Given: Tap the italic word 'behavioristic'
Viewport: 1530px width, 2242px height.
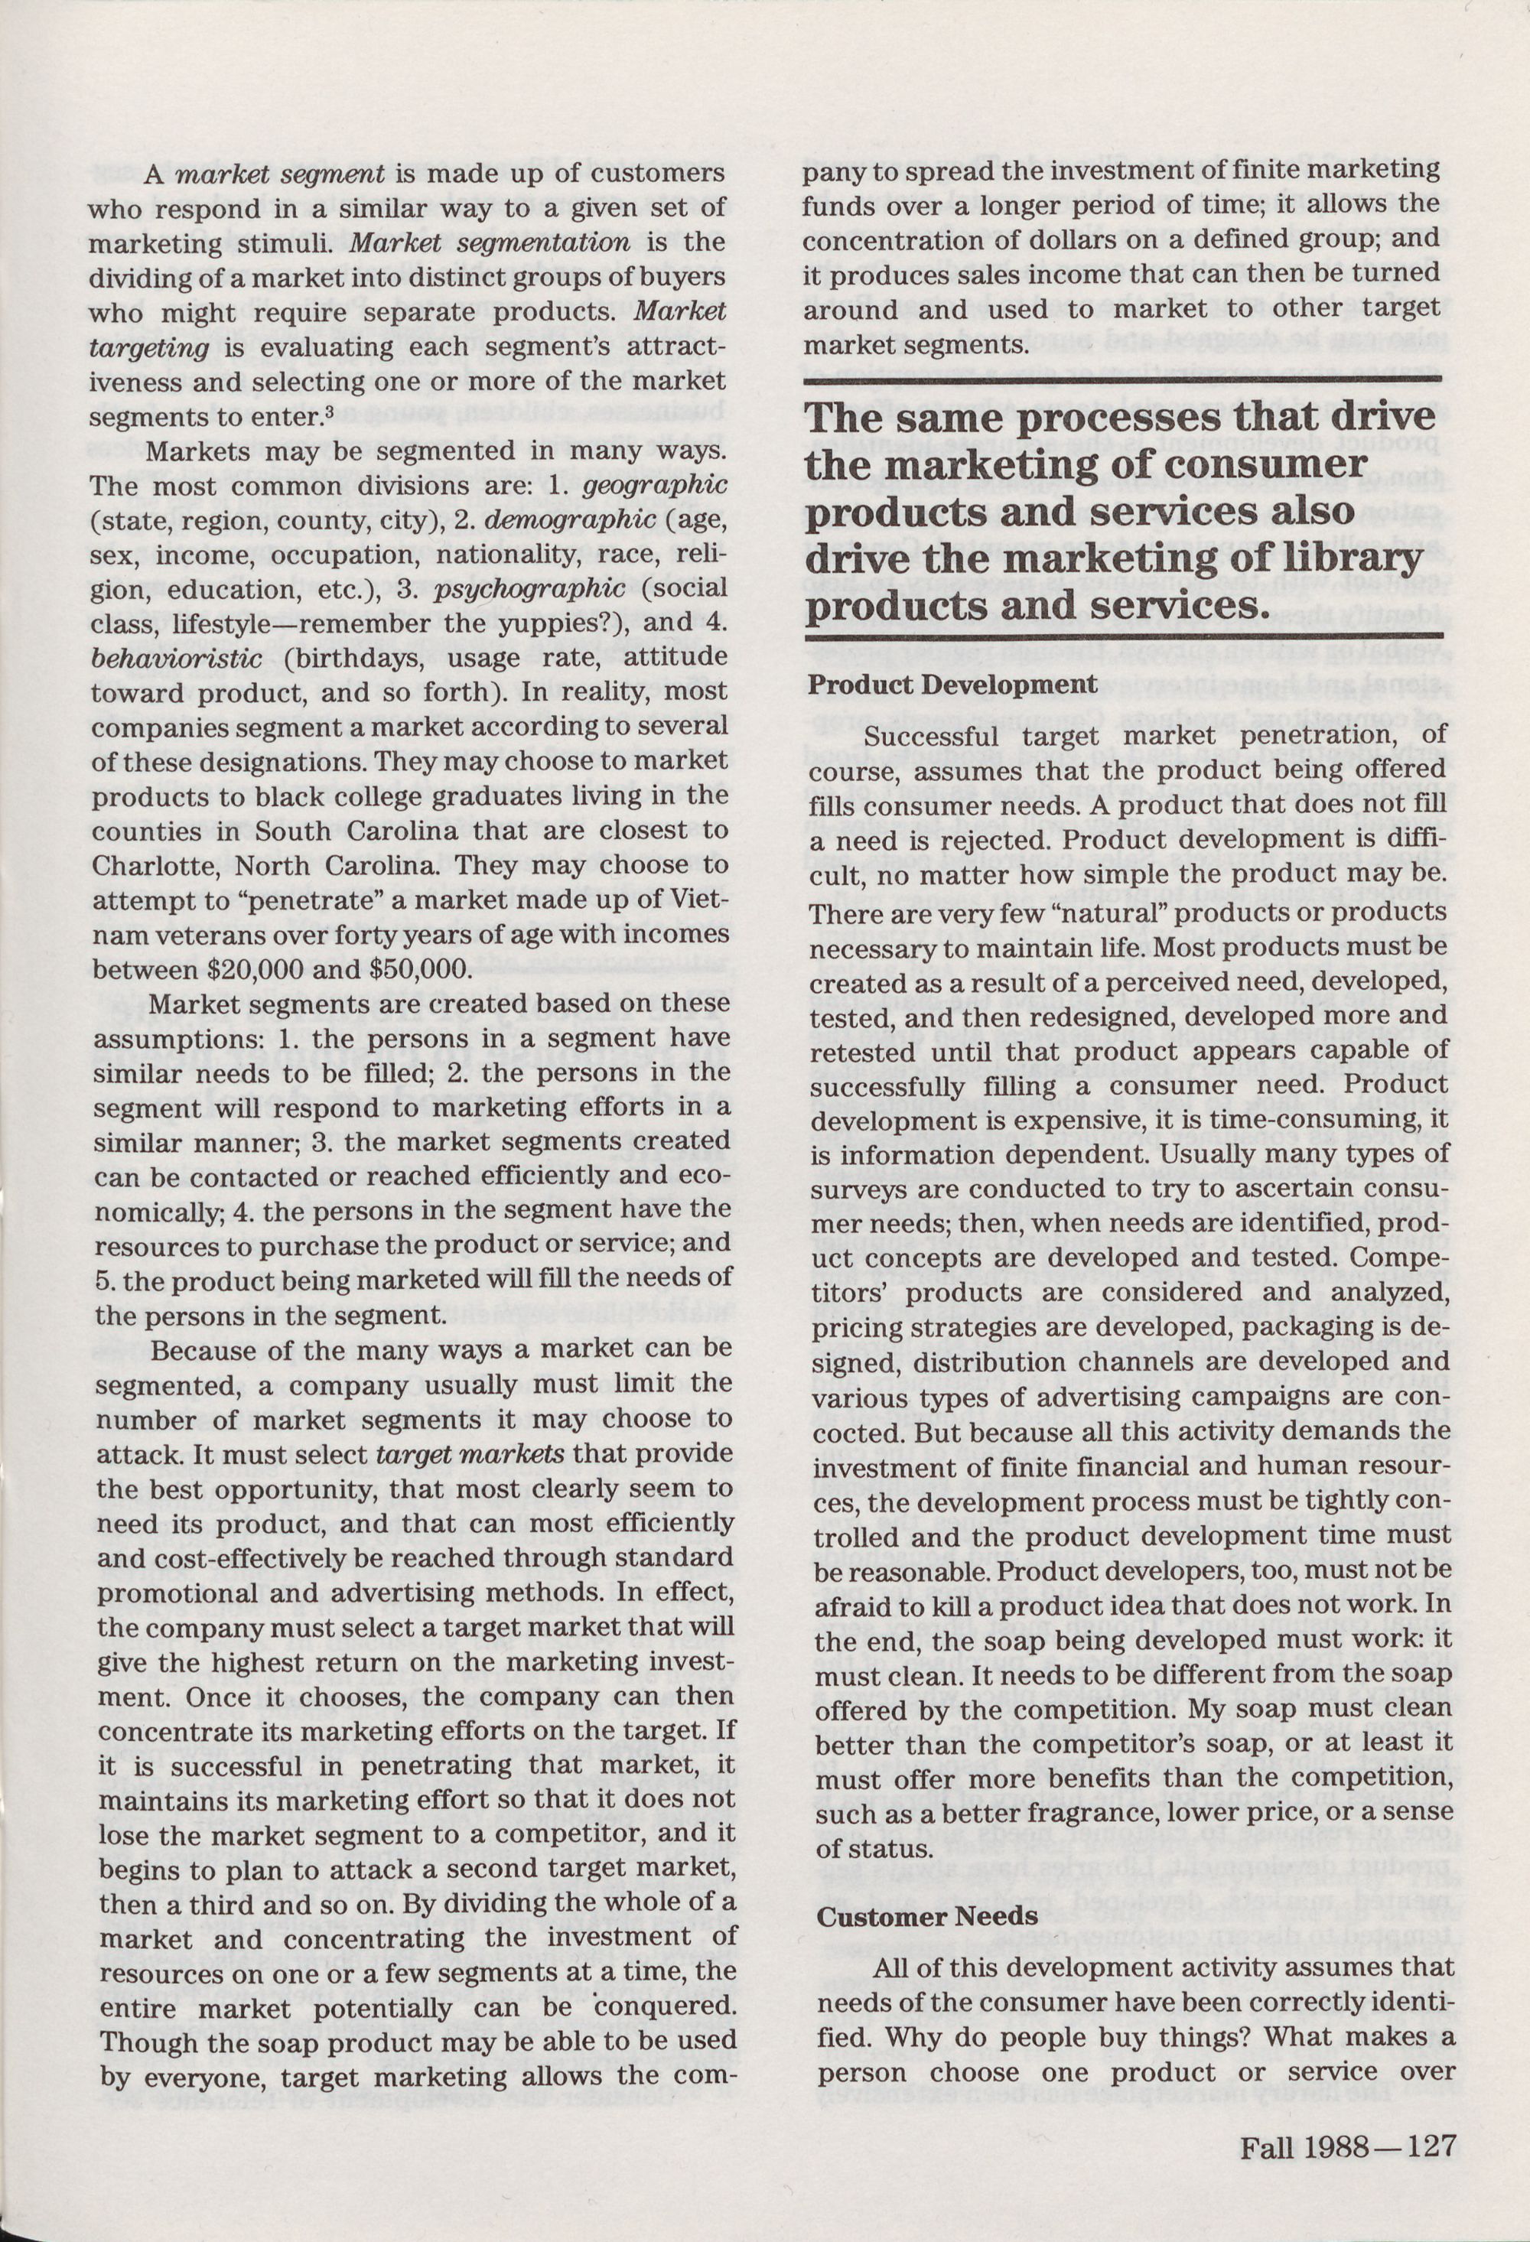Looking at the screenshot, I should click(x=177, y=659).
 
